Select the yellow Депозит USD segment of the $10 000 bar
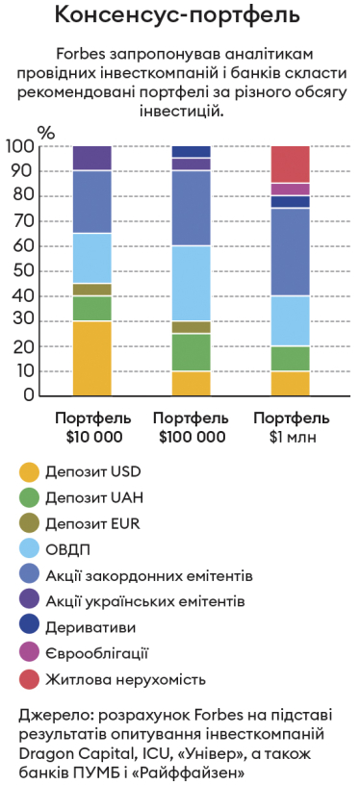click(92, 358)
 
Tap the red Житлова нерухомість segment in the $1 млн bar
click(290, 164)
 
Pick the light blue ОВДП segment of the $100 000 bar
click(191, 283)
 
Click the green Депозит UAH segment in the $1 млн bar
click(290, 358)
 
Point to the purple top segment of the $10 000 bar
click(92, 158)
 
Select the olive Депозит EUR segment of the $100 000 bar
click(191, 327)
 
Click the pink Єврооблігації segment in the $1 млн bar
click(290, 189)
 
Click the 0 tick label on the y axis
click(29, 395)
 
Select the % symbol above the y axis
click(46, 131)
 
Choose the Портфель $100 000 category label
click(191, 427)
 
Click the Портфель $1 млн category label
click(290, 427)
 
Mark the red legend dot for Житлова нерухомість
click(30, 679)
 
